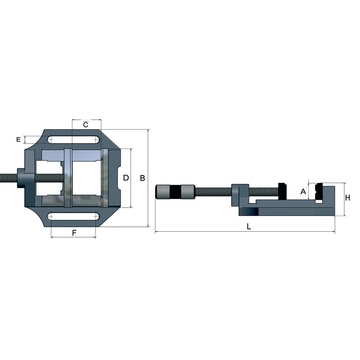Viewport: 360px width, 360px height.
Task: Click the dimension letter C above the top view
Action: (85, 124)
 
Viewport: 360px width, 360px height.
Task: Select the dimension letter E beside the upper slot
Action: (18, 139)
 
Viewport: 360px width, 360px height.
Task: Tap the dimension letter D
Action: (126, 178)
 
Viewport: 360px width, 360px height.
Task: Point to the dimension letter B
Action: (142, 178)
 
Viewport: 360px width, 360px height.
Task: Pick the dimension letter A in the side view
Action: (303, 192)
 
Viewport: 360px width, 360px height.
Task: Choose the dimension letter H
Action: (347, 198)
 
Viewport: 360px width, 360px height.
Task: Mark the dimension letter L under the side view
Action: (249, 227)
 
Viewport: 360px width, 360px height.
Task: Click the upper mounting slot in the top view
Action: (74, 139)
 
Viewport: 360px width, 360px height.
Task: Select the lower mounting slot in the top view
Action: (74, 216)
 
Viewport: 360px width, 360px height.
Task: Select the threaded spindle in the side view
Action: (213, 192)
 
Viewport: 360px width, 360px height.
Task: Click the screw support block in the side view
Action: (240, 194)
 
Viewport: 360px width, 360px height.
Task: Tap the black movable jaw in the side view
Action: (283, 190)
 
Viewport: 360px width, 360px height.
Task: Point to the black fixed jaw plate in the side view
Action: (319, 191)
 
